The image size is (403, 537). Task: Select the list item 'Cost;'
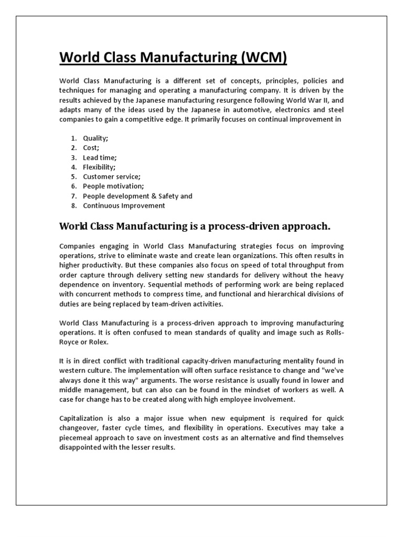[x=91, y=148]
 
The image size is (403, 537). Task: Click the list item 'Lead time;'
[x=100, y=157]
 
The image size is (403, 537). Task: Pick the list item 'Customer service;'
[x=111, y=177]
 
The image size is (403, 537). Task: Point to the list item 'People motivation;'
[x=113, y=186]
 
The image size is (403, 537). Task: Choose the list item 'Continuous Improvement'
[x=124, y=206]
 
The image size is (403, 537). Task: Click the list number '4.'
[x=73, y=167]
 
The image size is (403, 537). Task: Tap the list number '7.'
[x=73, y=196]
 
